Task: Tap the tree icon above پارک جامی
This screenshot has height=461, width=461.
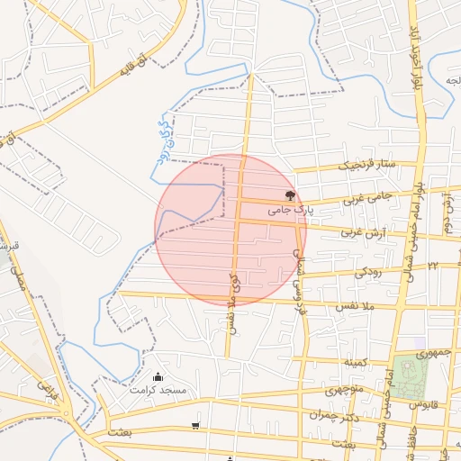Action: tap(290, 194)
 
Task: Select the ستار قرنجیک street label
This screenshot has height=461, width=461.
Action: tap(366, 166)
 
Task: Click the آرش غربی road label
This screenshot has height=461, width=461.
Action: tap(361, 231)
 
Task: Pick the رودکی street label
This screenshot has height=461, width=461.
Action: tap(366, 270)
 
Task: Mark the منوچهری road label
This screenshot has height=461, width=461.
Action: tap(343, 391)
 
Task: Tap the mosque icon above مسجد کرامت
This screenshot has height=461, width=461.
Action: tap(158, 376)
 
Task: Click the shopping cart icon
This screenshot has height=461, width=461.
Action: tap(195, 425)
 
